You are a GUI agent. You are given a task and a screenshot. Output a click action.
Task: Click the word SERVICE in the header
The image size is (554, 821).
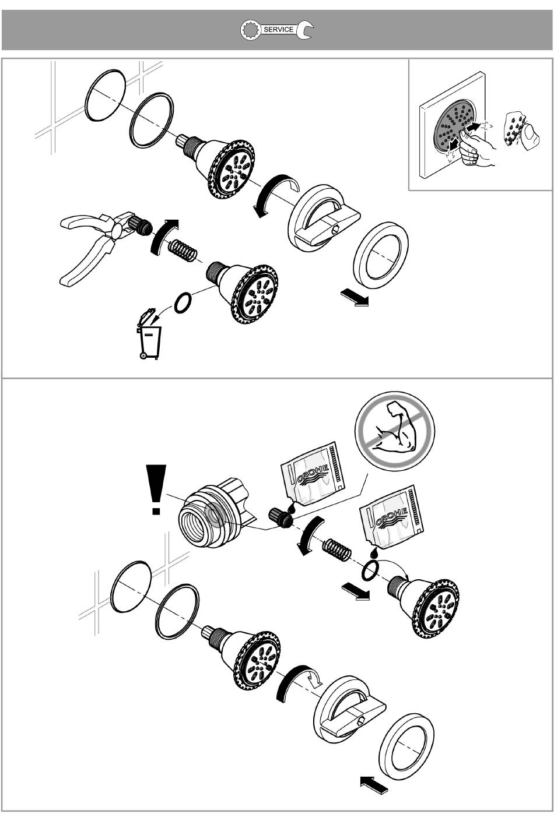(279, 30)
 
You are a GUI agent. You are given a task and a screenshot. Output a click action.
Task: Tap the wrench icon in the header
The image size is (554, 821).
(277, 30)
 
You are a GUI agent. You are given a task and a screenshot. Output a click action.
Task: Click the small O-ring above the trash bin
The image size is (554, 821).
(183, 303)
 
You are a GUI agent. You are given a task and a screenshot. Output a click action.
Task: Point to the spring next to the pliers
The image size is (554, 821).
(183, 251)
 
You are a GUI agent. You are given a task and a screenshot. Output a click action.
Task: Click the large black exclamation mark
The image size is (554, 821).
(156, 489)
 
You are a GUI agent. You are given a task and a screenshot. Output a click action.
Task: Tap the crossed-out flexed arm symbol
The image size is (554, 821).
(395, 431)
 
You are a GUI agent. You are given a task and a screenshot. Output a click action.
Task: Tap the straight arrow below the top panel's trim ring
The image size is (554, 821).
(355, 297)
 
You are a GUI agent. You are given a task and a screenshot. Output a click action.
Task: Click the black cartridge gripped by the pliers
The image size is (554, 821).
(140, 225)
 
